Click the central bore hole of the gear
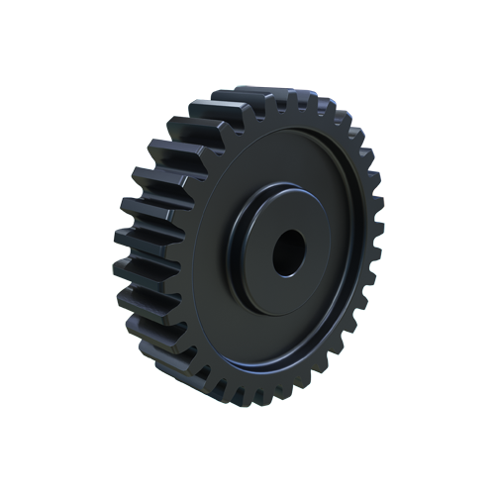289,254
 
